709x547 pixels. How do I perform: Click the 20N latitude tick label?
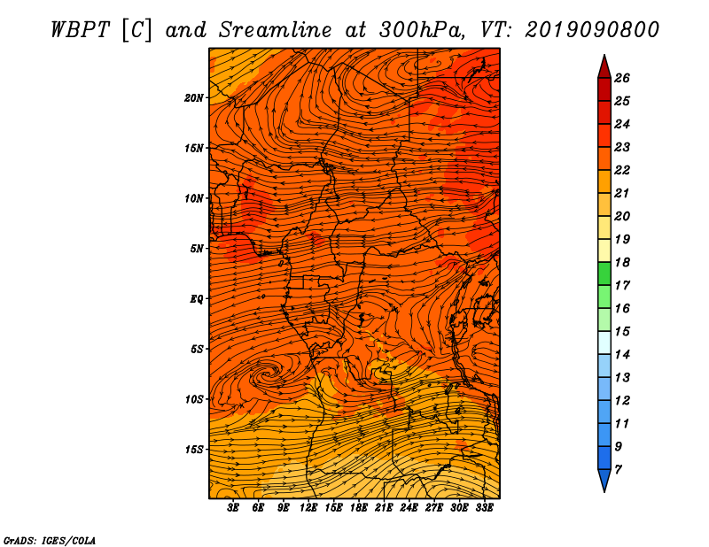[x=193, y=98]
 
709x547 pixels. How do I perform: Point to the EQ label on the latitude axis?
[x=196, y=299]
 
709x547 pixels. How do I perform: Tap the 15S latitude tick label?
[x=193, y=450]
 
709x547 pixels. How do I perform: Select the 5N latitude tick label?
[x=196, y=249]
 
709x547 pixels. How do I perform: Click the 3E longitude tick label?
[x=233, y=508]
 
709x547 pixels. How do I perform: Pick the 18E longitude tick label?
[x=359, y=508]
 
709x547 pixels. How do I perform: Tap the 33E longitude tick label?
[x=484, y=508]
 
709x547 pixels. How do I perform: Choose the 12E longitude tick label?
[x=308, y=508]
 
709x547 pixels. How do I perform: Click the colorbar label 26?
[x=622, y=78]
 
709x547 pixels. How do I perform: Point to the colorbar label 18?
[x=622, y=262]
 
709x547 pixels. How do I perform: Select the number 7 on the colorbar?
[x=618, y=470]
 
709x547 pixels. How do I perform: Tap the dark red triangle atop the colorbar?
[x=604, y=68]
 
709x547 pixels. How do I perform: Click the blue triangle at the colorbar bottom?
[x=604, y=480]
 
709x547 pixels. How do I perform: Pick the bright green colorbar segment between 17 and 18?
[x=604, y=273]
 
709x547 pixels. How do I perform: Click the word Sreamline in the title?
[x=275, y=30]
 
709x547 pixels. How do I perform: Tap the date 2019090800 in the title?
[x=592, y=30]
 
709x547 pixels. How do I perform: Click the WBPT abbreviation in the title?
[x=80, y=30]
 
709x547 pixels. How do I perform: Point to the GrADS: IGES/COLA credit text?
[x=50, y=540]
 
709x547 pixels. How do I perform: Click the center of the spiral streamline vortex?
[x=270, y=374]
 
